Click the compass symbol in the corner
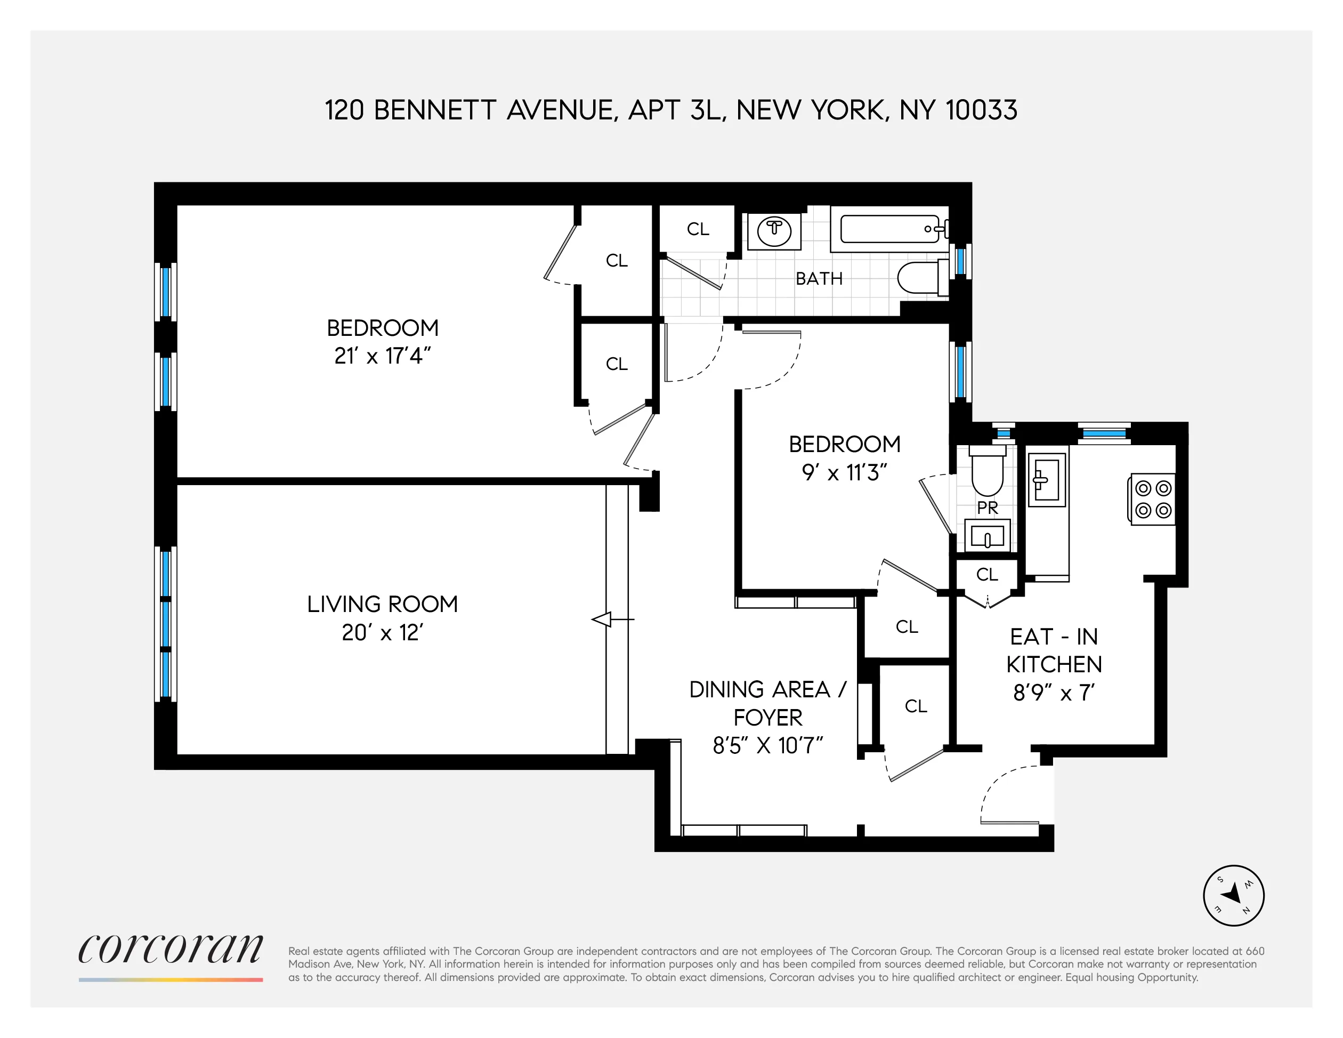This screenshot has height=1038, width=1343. (x=1233, y=895)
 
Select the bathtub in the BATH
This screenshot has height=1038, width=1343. (x=889, y=229)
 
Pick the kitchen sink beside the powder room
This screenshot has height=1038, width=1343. (x=1047, y=480)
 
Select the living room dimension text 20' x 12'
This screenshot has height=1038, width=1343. (x=383, y=632)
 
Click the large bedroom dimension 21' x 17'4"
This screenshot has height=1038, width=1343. (x=383, y=356)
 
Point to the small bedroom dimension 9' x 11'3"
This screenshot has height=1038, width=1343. (x=844, y=472)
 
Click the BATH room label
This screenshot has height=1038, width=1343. (x=819, y=279)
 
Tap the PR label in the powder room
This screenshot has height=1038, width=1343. (x=988, y=508)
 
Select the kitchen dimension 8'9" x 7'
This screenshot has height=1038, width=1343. (x=1054, y=693)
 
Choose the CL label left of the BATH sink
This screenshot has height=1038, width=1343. (x=698, y=229)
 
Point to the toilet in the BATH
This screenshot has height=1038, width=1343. (x=921, y=278)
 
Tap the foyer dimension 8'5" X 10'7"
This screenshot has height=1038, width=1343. (x=767, y=746)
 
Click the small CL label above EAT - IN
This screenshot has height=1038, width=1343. (x=987, y=574)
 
